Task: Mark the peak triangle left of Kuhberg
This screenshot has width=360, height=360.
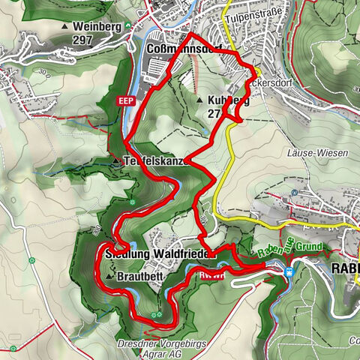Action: tap(199, 100)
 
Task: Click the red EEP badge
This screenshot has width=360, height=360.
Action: tap(124, 99)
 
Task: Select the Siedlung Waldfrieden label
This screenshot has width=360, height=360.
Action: tap(162, 254)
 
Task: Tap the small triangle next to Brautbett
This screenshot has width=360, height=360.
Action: tap(110, 277)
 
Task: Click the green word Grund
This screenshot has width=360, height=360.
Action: tap(307, 247)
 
